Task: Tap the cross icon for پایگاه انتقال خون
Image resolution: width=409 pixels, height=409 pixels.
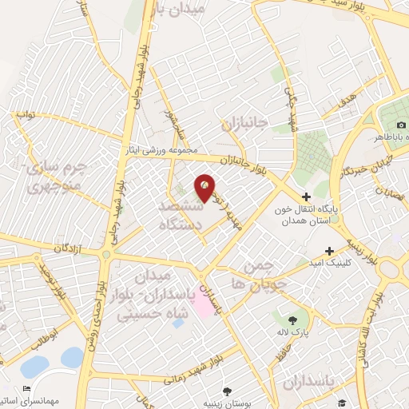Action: coord(306,197)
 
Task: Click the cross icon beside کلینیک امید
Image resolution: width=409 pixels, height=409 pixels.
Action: coord(328,251)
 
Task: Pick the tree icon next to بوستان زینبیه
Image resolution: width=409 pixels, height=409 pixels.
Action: coord(228,391)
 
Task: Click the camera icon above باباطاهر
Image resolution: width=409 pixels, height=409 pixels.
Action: coord(401,125)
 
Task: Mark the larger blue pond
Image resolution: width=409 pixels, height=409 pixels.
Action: coord(34,367)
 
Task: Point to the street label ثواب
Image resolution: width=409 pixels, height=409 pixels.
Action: coord(26,115)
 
